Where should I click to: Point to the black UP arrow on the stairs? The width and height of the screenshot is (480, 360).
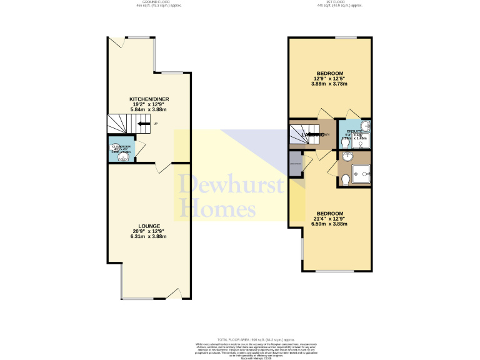[144, 124]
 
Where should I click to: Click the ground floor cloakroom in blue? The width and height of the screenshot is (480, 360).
[121, 149]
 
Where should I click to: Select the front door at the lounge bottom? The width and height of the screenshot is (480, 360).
[177, 294]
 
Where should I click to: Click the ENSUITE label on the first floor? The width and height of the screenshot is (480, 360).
[347, 131]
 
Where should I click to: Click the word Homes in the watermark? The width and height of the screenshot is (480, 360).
[217, 208]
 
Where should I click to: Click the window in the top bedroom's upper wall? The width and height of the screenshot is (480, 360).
[342, 37]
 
